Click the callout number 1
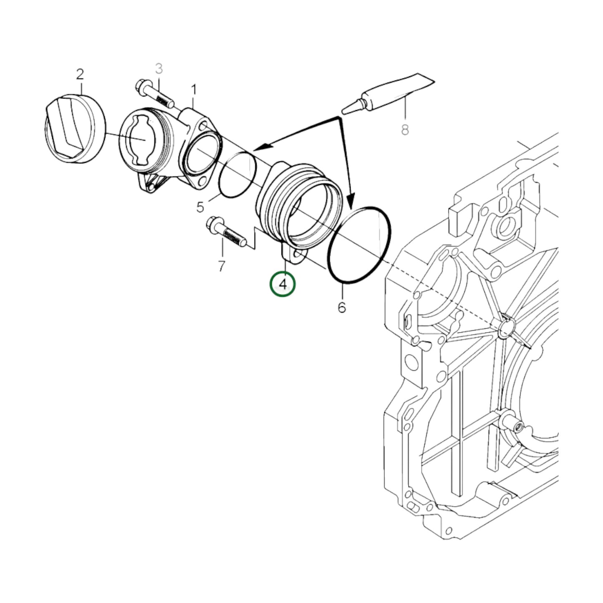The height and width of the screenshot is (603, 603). [194, 89]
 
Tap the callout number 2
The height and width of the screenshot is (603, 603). [80, 75]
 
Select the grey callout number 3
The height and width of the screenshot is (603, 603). [159, 68]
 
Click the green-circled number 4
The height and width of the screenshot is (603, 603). [283, 285]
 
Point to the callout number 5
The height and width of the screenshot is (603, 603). [200, 207]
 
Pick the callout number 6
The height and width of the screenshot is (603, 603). [342, 308]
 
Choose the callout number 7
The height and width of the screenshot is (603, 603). [222, 265]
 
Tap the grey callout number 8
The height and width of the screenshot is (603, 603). [405, 130]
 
